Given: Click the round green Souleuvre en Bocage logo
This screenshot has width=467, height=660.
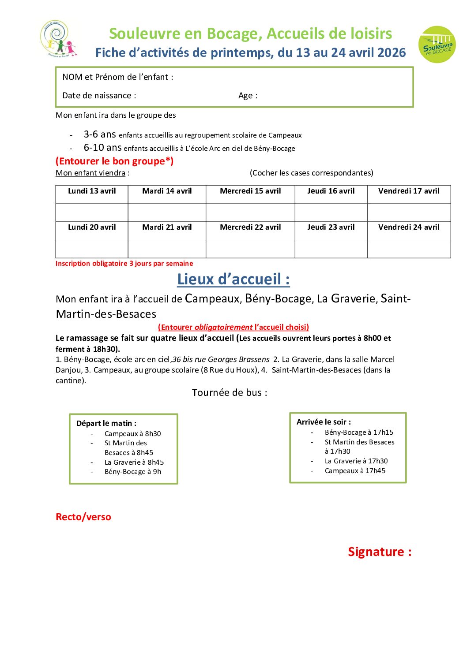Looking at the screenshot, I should point(437,45).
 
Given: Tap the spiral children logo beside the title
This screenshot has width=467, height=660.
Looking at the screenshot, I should point(58,39).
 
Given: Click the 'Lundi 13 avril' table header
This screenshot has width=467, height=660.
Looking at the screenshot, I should point(92,191).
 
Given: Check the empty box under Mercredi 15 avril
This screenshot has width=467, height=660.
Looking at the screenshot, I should point(250,212).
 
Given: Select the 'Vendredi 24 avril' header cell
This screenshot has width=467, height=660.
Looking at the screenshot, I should point(409,227).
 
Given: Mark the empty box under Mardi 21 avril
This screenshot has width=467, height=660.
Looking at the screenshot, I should point(167,249).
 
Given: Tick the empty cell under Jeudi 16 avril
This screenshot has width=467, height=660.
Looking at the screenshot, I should point(331,212).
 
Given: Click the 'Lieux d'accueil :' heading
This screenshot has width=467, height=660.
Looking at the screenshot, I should point(233,279).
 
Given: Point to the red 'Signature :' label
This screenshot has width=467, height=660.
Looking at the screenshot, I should point(380,552).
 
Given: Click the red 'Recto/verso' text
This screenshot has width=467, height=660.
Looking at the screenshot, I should point(83,517).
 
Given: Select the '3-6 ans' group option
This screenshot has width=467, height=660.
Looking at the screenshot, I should point(100,134).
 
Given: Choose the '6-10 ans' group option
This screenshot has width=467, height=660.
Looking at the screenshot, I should point(102,148).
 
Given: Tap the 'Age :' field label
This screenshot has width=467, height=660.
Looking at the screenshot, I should point(248,96).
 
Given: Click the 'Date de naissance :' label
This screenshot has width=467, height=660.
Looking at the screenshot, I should point(99,96).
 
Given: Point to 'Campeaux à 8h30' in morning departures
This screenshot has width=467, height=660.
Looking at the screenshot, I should point(132,434).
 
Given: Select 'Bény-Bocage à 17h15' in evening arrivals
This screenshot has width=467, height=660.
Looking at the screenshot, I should point(359,433).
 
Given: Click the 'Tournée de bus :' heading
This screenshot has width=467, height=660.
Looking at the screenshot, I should point(230,393).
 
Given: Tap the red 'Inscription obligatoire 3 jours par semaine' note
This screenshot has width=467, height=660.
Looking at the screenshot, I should point(124,264).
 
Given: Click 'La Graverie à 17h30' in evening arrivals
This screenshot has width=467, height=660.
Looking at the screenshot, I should point(356,461).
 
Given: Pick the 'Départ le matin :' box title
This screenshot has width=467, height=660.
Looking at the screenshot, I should point(106,424).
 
